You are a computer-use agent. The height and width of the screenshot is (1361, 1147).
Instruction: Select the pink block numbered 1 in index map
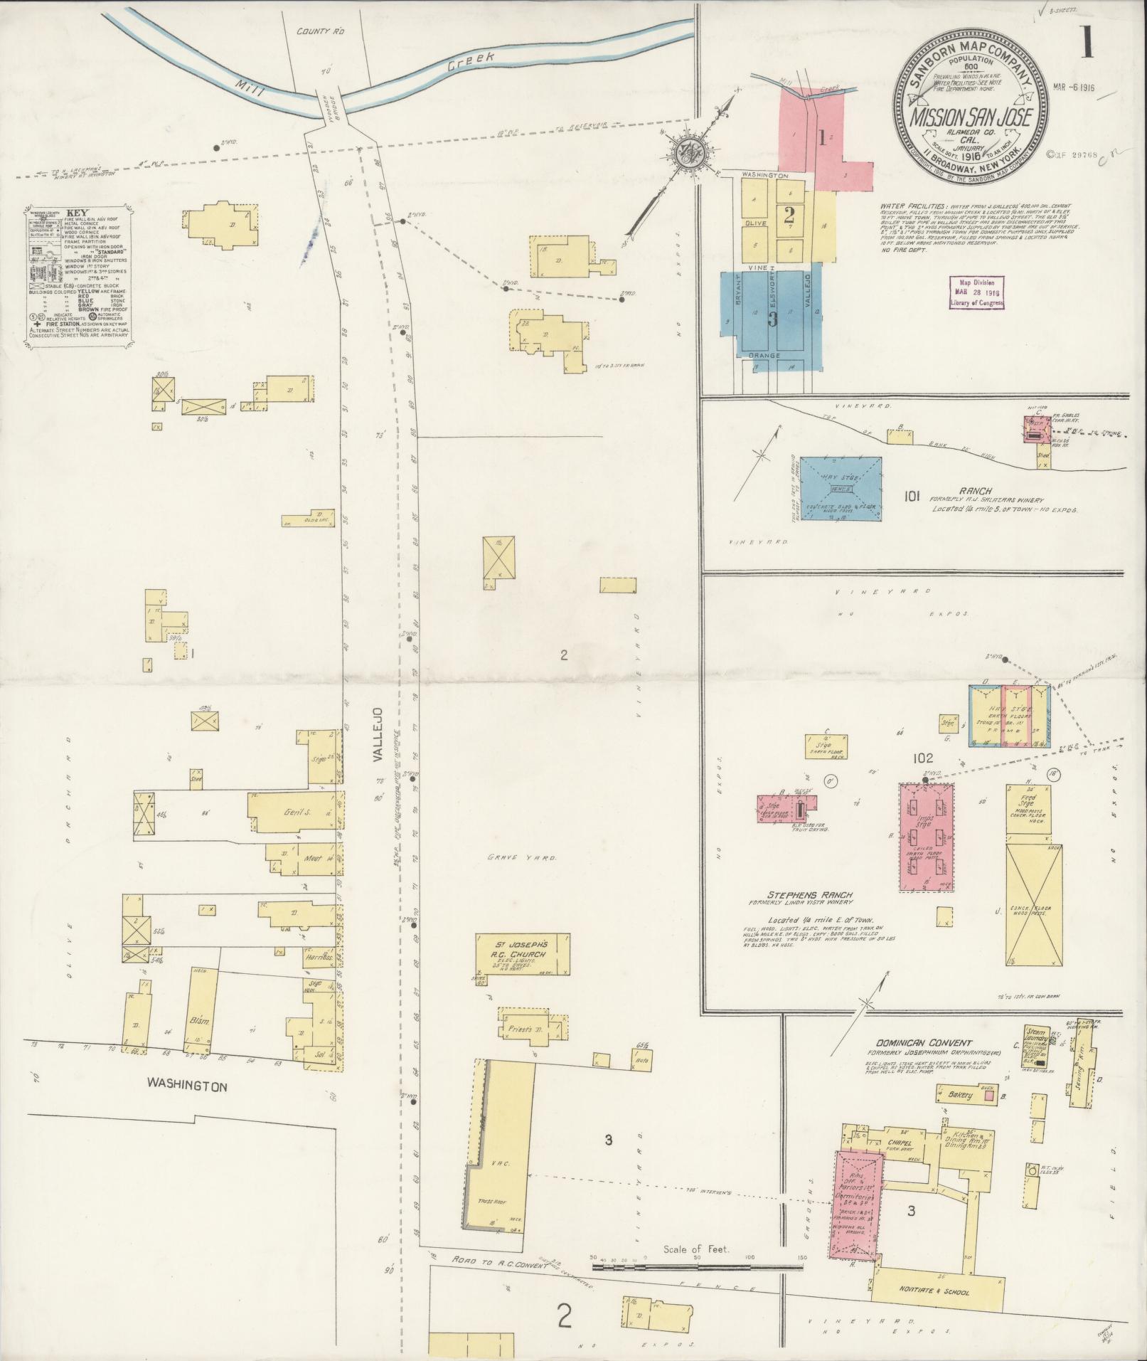825,139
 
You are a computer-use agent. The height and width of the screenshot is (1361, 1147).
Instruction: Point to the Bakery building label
959,1115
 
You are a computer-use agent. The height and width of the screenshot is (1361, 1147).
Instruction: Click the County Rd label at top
316,31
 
